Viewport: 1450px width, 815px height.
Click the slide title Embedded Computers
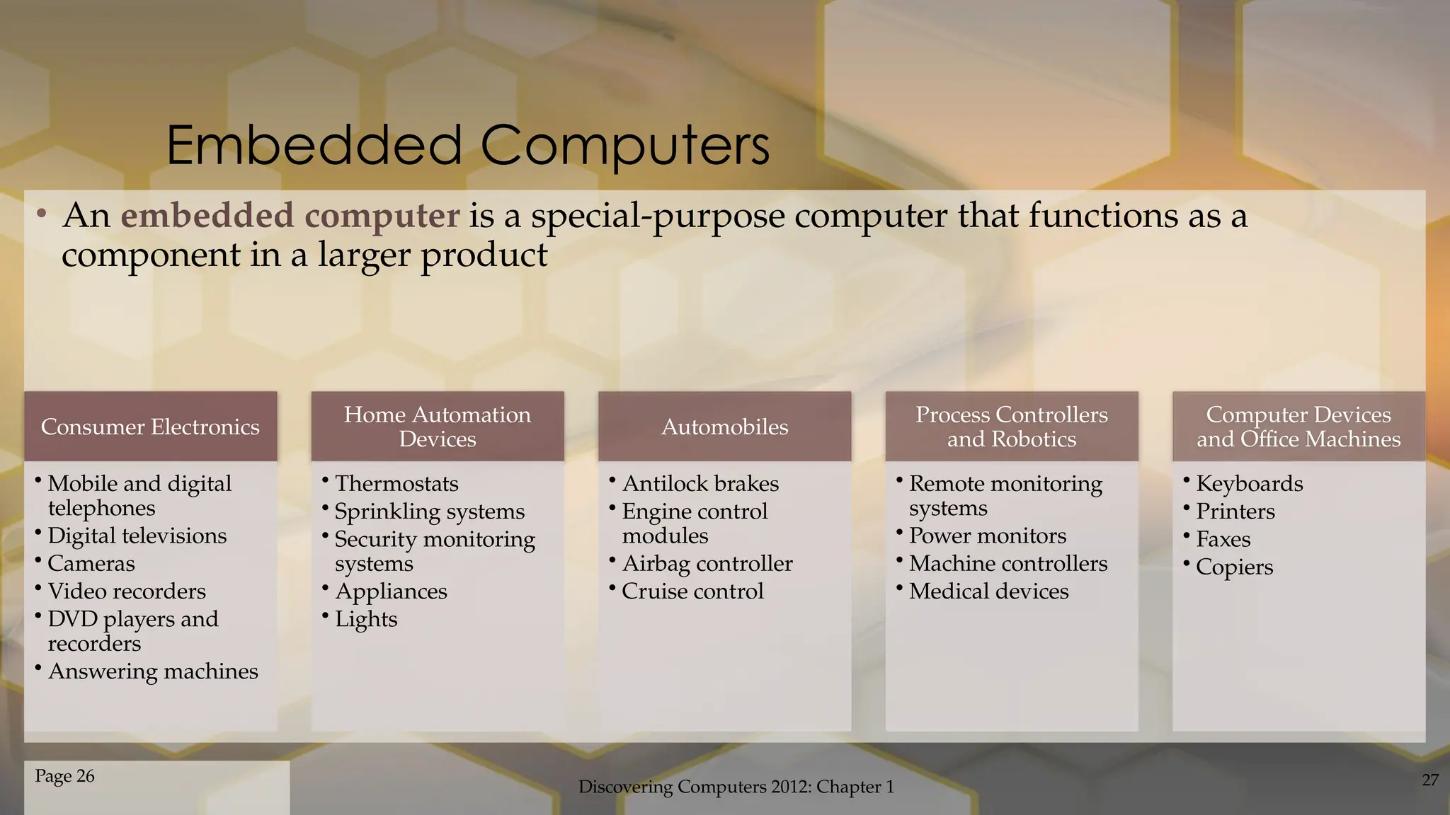tap(467, 145)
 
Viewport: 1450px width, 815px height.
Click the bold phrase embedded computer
tap(290, 216)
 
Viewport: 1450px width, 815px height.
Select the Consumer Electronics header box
tap(150, 427)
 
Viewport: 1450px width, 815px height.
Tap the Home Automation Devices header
tap(438, 427)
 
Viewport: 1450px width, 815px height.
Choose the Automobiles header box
tap(724, 427)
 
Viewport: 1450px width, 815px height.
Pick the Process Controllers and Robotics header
tap(1011, 427)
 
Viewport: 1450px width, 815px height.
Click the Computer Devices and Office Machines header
tap(1298, 427)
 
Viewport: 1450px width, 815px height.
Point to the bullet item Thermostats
tap(396, 484)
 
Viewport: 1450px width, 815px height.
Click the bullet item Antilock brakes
tap(700, 484)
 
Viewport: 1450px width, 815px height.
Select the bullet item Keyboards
tap(1249, 484)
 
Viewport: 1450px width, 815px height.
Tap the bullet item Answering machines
tap(153, 671)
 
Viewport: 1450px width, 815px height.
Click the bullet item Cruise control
tap(692, 591)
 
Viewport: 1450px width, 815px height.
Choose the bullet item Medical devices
tap(988, 591)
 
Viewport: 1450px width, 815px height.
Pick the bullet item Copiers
tap(1234, 567)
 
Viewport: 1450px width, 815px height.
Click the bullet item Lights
tap(365, 620)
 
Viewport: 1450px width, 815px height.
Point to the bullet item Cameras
tap(91, 564)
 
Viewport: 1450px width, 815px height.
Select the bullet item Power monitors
tap(987, 536)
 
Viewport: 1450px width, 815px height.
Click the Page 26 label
tap(64, 776)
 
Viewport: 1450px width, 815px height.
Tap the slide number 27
tap(1429, 780)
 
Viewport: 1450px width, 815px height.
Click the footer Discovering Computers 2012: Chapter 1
tap(736, 787)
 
